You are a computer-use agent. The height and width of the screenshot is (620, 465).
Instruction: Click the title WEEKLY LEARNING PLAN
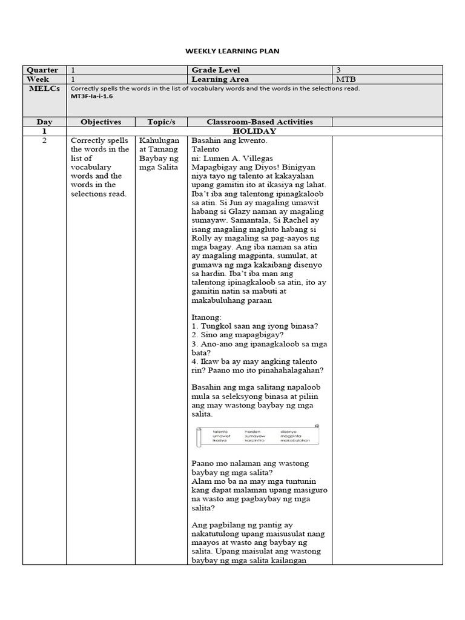click(232, 51)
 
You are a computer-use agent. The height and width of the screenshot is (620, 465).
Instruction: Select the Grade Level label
click(216, 70)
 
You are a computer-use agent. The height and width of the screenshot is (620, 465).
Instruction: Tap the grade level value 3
click(338, 70)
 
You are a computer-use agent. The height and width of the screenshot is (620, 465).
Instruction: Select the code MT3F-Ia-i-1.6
click(92, 96)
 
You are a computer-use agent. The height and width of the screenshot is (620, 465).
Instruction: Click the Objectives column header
click(101, 122)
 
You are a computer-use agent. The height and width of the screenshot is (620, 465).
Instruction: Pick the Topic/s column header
click(160, 122)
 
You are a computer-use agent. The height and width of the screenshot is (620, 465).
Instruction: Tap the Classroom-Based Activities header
click(260, 122)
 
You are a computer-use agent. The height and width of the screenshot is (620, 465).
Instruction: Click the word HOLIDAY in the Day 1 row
click(254, 131)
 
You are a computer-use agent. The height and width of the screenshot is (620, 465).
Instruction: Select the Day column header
click(44, 122)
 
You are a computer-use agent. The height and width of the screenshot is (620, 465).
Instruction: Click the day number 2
click(44, 140)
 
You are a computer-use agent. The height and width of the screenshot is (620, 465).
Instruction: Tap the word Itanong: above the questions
click(206, 317)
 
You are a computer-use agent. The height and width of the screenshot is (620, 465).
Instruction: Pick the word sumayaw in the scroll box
click(256, 436)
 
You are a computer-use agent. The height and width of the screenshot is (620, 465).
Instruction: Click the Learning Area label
click(220, 79)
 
